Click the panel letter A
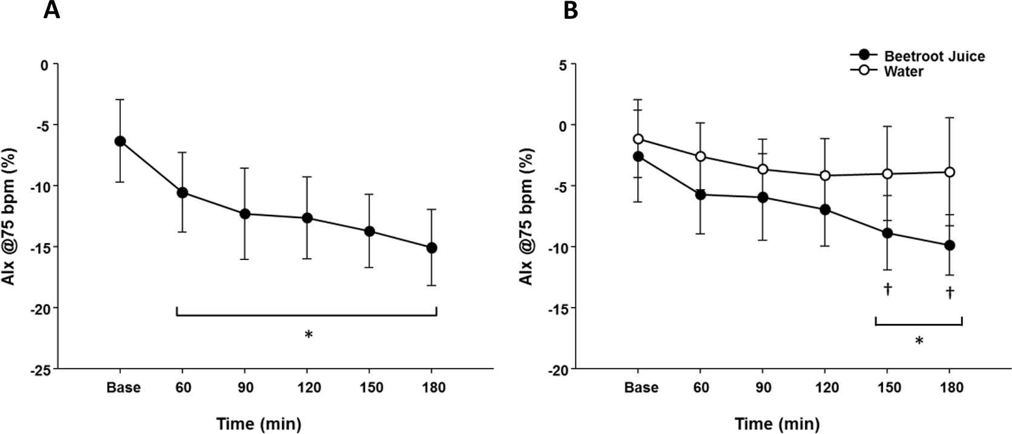point(52,10)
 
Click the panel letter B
point(570,10)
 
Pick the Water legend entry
point(904,71)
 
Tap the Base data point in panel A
point(120,141)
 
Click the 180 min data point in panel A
point(432,248)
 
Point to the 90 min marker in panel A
point(245,214)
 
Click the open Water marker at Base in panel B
point(638,139)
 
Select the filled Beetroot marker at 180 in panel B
point(950,245)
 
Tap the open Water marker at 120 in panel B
point(824,176)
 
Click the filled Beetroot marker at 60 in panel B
point(700,195)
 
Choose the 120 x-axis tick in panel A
point(307,387)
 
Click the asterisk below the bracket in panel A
point(308,334)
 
